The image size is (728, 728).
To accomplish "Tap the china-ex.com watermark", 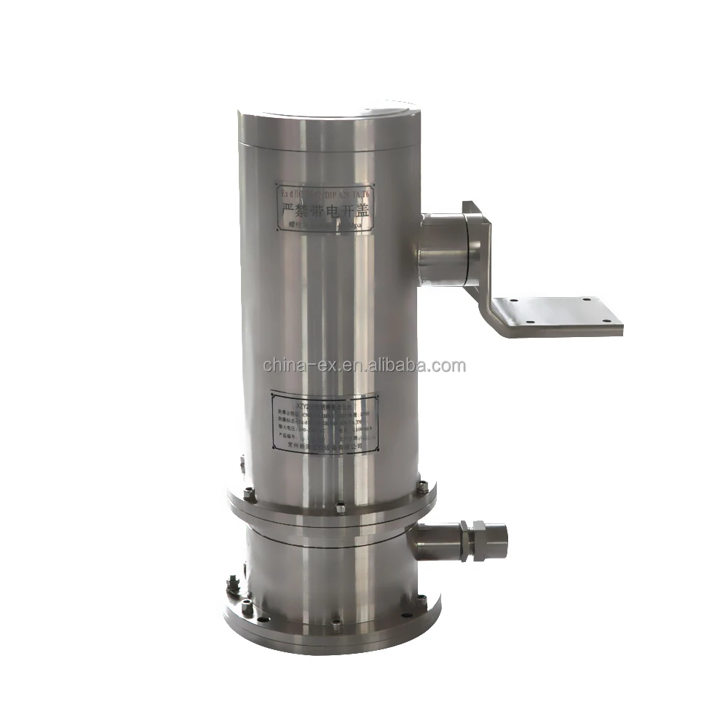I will (x=364, y=365).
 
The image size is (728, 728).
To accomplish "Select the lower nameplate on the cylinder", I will (x=325, y=424).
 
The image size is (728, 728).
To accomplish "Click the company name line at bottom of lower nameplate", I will (x=325, y=449).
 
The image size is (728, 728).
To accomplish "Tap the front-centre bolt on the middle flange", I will (x=341, y=507).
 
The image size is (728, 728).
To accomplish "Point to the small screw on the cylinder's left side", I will (x=242, y=460).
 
